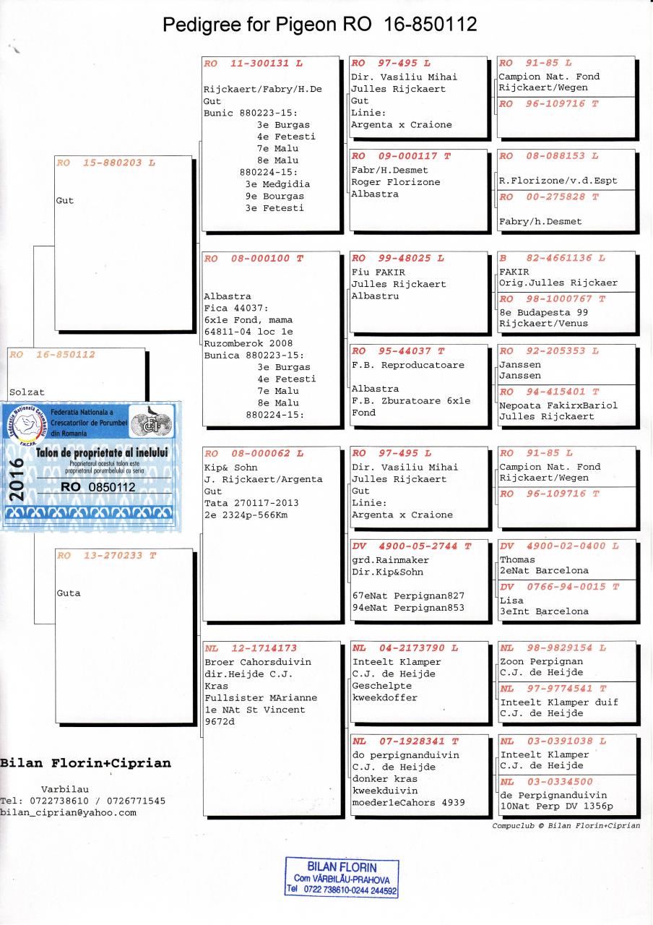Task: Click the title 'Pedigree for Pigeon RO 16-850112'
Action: point(319,25)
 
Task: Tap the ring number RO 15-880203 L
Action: point(105,163)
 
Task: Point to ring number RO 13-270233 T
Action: point(105,556)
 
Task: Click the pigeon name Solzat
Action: point(27,392)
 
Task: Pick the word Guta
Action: point(69,593)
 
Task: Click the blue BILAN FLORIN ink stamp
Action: point(342,878)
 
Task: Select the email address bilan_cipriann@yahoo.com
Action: point(69,812)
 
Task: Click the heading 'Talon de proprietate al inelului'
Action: point(102,452)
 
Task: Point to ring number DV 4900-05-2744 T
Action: point(410,546)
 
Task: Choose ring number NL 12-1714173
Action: point(251,648)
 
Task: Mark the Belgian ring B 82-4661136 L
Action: point(552,258)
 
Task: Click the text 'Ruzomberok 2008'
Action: point(248,343)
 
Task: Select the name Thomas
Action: point(517,559)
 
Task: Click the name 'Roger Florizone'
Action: point(395,182)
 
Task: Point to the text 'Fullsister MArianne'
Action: point(261,698)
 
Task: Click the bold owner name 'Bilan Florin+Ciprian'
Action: point(86,764)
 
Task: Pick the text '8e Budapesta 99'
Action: point(542,312)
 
